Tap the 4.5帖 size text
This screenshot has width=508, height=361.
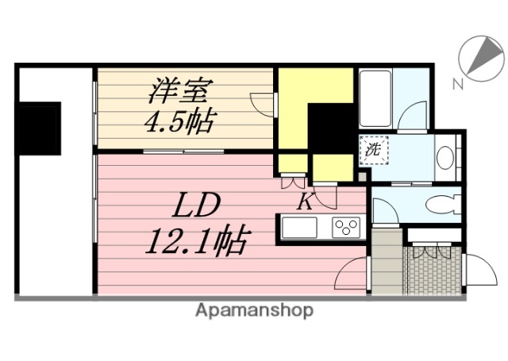tap(182, 123)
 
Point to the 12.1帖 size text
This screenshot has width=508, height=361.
tap(195, 237)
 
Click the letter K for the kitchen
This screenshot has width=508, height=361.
tap(305, 202)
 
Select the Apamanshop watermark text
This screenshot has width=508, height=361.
tap(254, 311)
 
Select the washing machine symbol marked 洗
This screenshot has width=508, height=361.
tap(371, 148)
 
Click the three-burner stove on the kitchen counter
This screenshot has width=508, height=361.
tap(346, 229)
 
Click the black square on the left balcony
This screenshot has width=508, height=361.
tap(40, 129)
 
